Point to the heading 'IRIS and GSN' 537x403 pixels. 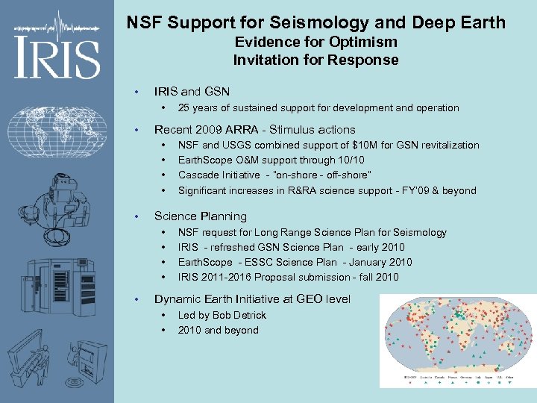point(192,91)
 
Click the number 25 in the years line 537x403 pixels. point(184,108)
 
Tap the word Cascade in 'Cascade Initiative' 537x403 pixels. point(198,175)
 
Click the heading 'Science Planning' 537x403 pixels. point(200,216)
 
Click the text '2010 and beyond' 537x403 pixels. point(218,330)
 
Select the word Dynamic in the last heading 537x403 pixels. point(178,299)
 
